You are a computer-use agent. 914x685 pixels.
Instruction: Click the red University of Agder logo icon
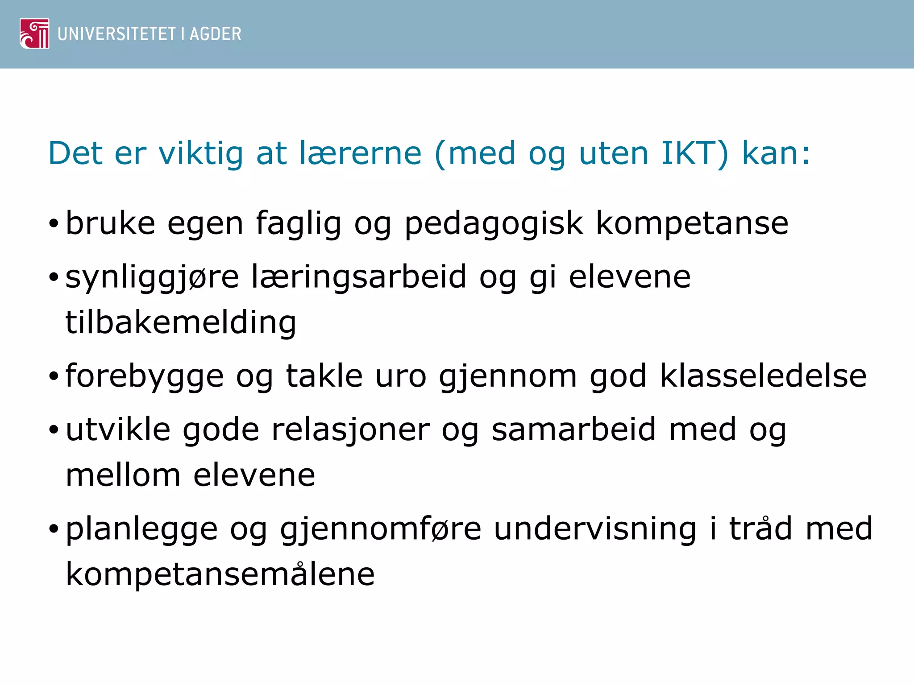[x=34, y=33]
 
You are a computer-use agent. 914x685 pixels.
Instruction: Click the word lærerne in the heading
[x=360, y=153]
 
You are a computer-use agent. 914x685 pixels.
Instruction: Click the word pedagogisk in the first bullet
[x=494, y=224]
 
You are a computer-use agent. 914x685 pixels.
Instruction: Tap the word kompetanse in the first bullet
[x=692, y=224]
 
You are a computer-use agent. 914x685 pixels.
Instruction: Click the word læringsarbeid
[x=359, y=277]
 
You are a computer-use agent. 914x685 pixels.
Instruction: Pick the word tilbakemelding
[x=181, y=323]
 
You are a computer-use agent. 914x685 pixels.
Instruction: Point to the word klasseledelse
[x=763, y=376]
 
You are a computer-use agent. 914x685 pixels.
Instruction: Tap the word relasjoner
[x=350, y=431]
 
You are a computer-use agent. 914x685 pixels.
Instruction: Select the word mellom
[x=123, y=475]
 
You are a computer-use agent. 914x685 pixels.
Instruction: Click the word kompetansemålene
[x=220, y=574]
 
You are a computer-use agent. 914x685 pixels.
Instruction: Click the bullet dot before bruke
[x=54, y=224]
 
